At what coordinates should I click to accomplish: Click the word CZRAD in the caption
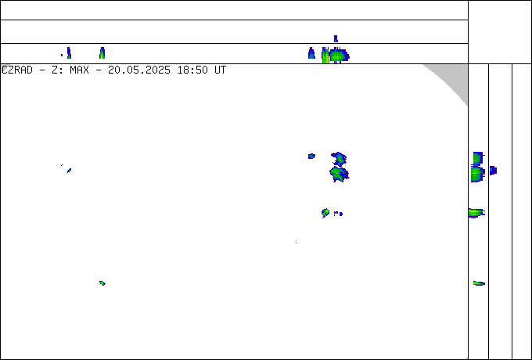(x=17, y=70)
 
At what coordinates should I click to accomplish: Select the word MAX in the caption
(x=79, y=70)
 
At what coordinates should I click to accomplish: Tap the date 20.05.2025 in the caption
(x=139, y=70)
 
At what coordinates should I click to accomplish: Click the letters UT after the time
(x=220, y=70)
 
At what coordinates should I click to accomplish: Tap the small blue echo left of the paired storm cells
(x=311, y=156)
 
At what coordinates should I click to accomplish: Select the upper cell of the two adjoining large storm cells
(x=339, y=158)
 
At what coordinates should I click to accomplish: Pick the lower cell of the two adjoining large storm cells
(x=339, y=174)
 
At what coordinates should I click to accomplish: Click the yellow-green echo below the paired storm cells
(x=325, y=213)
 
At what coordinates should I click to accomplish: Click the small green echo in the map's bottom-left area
(x=102, y=283)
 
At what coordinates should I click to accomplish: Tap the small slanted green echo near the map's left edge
(x=69, y=171)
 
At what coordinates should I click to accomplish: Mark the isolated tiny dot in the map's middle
(x=297, y=243)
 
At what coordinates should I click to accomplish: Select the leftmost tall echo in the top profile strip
(x=69, y=53)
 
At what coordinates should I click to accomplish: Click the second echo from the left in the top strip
(x=102, y=53)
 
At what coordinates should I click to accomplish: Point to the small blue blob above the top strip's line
(x=336, y=38)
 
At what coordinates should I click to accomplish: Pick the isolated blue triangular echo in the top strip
(x=311, y=53)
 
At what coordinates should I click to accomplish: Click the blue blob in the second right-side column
(x=493, y=171)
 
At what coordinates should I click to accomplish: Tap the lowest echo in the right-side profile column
(x=479, y=283)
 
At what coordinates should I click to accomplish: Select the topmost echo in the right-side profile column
(x=478, y=158)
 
